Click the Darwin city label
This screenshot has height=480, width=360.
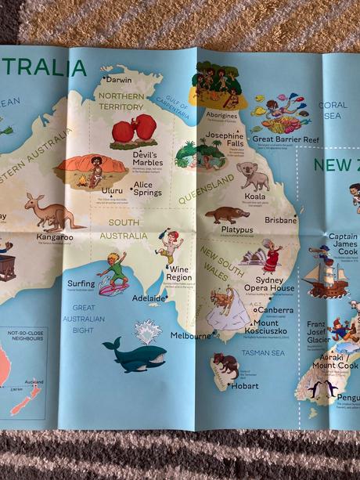tap(118, 80)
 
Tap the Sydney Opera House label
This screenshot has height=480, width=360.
tap(275, 284)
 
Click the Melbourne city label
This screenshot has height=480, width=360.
tap(191, 336)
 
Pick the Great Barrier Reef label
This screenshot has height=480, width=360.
tap(285, 139)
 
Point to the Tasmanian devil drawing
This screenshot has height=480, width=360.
tap(226, 363)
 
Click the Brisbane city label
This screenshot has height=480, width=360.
tap(281, 220)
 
